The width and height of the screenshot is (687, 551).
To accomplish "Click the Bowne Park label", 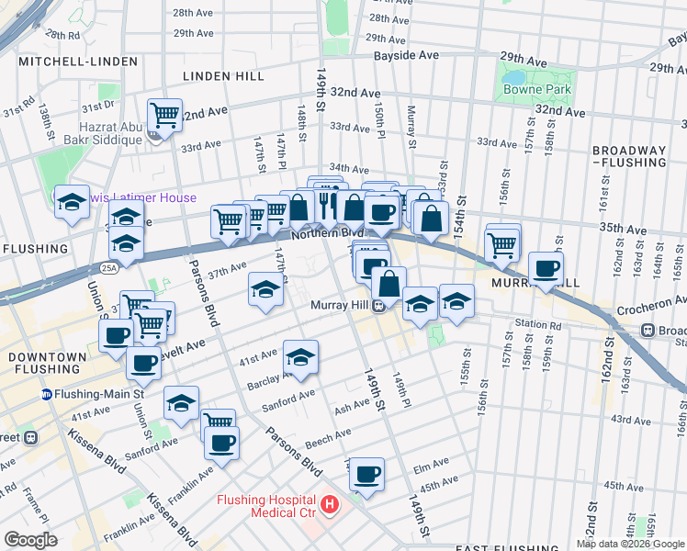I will (x=536, y=89).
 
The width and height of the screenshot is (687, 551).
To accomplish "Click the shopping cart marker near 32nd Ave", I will (x=164, y=116).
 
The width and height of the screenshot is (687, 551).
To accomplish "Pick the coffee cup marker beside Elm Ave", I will (x=366, y=474).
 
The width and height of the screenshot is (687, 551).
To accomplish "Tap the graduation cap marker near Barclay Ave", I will (x=300, y=356).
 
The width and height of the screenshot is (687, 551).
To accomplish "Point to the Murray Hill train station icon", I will (x=378, y=307).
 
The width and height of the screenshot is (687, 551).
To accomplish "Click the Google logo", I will (x=31, y=539).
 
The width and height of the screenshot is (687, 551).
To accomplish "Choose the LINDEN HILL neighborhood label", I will (x=223, y=75).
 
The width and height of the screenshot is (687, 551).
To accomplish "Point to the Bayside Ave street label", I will (x=406, y=56).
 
